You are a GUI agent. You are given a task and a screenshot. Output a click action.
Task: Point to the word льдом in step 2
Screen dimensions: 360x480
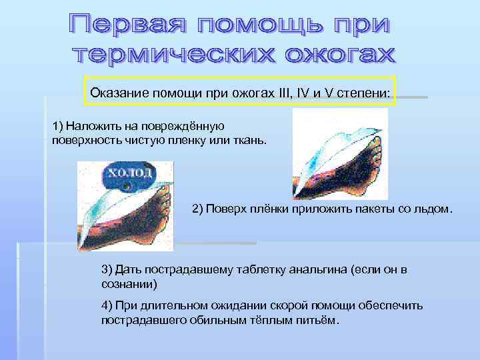pos(436,209)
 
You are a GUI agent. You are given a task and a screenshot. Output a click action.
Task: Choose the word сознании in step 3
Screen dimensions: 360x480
pos(129,283)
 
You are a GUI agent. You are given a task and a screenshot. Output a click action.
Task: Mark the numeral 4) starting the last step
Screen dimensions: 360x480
pos(107,305)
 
